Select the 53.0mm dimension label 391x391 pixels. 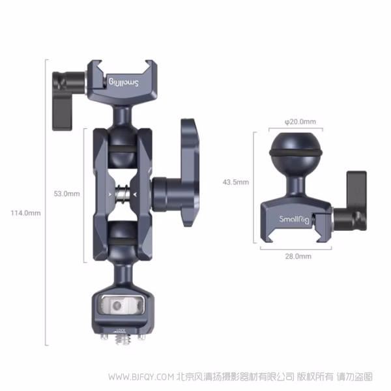pyautogui.click(x=67, y=194)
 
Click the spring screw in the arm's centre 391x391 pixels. pyautogui.click(x=121, y=194)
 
